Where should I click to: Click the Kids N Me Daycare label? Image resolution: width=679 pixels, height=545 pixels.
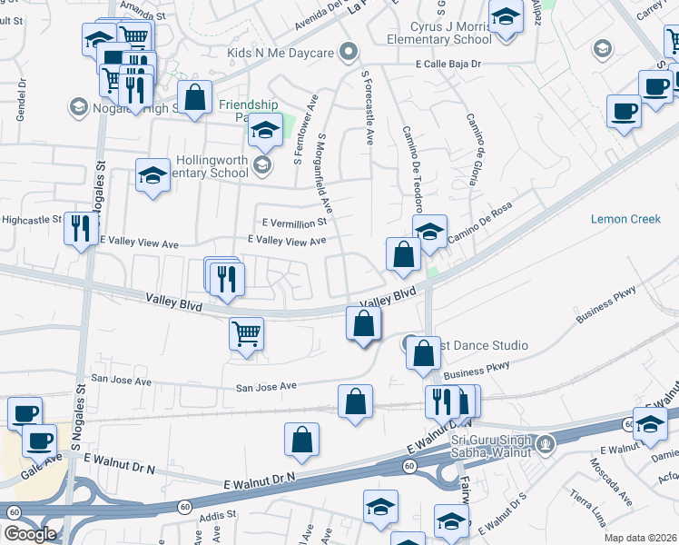(287, 53)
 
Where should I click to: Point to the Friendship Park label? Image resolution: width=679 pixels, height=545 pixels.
(246, 111)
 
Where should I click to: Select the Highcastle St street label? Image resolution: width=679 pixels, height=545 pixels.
(31, 220)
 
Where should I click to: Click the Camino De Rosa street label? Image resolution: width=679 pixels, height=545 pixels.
(479, 233)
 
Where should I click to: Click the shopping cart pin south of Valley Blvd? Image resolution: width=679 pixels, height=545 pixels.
(246, 332)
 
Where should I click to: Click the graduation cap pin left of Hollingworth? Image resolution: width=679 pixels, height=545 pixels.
(153, 174)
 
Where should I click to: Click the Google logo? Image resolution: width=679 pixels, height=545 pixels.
(30, 534)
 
